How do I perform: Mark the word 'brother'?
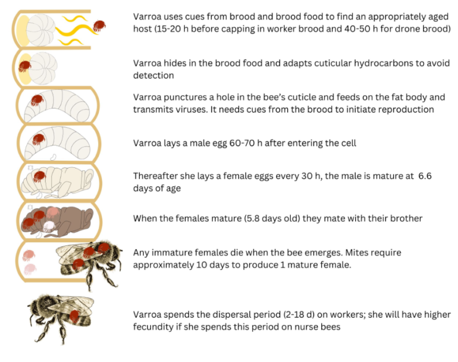coord(406,219)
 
